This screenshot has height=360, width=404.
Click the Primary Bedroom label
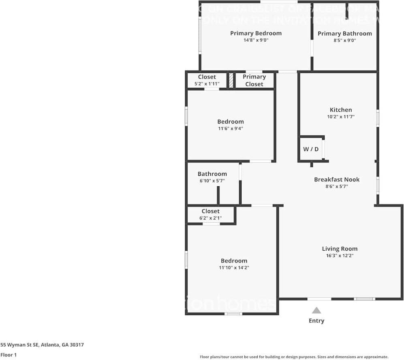256,33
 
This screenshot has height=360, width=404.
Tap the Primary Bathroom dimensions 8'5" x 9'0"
344,40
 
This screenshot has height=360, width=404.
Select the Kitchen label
341,110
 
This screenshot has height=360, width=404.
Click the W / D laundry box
311,149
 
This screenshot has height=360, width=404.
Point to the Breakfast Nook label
337,179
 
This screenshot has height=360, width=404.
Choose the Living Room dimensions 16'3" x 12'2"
340,256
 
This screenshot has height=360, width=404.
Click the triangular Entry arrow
316,311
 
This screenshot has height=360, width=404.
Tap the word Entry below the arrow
316,321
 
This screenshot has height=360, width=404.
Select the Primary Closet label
254,80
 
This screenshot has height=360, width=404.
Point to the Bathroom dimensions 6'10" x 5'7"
212,181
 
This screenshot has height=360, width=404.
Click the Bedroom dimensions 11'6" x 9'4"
230,128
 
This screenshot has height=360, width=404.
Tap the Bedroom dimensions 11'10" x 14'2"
234,268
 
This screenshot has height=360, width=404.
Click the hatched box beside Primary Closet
231,80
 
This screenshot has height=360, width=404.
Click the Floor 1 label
8,355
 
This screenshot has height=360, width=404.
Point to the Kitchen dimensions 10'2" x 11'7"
341,117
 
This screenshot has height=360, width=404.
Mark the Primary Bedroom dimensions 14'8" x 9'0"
256,40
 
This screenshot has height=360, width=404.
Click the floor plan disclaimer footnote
294,357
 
